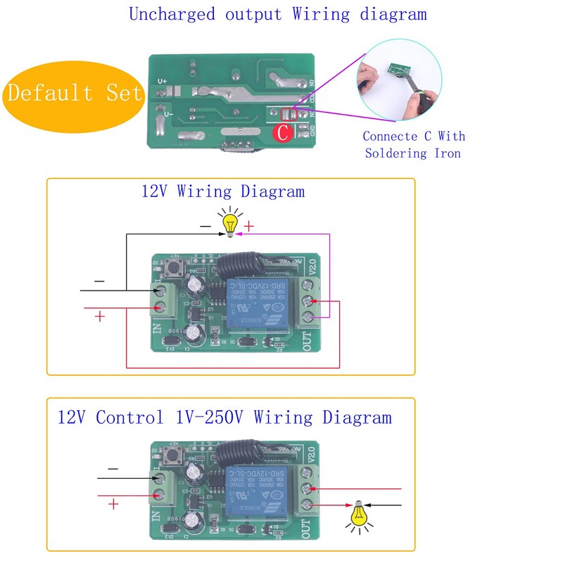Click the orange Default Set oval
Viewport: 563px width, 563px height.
[75, 93]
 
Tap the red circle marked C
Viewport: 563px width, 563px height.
[282, 132]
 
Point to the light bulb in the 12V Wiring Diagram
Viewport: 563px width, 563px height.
[229, 223]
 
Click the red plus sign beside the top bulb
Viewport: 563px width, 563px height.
[249, 227]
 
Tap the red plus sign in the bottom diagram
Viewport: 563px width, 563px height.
[113, 504]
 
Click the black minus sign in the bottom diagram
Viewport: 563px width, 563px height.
[113, 469]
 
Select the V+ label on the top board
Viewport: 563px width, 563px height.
[163, 82]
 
